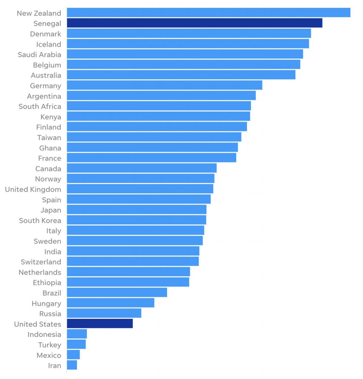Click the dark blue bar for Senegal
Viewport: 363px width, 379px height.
194,23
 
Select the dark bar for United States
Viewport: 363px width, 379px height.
100,323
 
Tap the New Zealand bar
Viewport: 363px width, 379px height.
209,13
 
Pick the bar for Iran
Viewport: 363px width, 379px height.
72,365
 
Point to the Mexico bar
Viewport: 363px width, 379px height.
73,355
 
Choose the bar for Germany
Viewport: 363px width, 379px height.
164,85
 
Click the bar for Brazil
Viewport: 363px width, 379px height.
117,292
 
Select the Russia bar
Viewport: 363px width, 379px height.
104,313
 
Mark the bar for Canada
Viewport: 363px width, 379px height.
141,168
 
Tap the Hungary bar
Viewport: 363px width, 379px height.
110,303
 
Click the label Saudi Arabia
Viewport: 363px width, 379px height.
40,54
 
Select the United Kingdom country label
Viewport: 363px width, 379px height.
33,189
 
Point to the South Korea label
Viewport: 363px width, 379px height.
40,220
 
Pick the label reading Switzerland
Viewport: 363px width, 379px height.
41,262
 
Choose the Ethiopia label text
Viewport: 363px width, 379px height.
47,282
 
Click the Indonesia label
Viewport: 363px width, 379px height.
44,334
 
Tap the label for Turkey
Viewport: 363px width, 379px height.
50,345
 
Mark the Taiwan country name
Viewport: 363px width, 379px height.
49,137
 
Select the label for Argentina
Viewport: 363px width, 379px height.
44,96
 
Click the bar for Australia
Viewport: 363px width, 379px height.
181,75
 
